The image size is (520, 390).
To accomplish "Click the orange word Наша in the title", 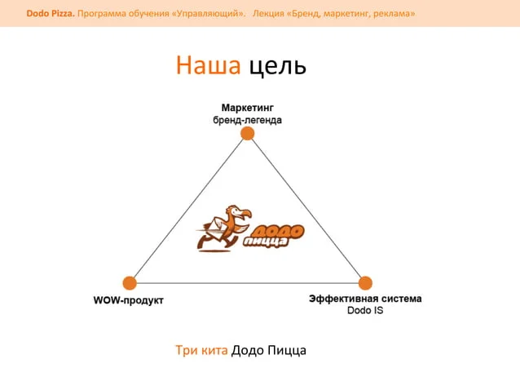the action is pos(208,64).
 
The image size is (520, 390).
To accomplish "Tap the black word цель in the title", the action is pos(278,66).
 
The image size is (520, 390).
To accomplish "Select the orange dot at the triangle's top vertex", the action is pos(248,134).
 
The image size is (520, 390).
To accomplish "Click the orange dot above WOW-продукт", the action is pos(130,283).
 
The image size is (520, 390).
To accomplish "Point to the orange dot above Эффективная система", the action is pos(365,283).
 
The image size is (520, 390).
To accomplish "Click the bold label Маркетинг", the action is pos(248,108).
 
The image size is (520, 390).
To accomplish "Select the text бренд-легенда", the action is pos(248,120).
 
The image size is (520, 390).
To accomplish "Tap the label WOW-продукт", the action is pos(129,300).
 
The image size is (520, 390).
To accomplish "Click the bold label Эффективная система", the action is pos(365,299).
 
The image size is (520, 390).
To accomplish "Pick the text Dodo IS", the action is pos(365,311).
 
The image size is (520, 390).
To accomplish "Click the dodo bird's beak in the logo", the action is pos(245,215).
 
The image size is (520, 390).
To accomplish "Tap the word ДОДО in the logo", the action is pos(279,232).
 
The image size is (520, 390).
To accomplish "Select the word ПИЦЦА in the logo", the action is pos(266,242).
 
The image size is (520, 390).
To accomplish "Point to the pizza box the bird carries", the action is pos(215,228).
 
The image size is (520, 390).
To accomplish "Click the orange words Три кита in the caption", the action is pos(201,350).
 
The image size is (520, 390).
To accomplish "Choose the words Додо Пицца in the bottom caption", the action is pos(269,351).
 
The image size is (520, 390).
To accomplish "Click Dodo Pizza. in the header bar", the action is pos(51,14).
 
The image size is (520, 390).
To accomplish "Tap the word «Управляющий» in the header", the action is pos(209,14).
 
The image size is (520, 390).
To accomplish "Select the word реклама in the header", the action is pos(394,14).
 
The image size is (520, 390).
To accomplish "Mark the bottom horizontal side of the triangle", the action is pos(248,283).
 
